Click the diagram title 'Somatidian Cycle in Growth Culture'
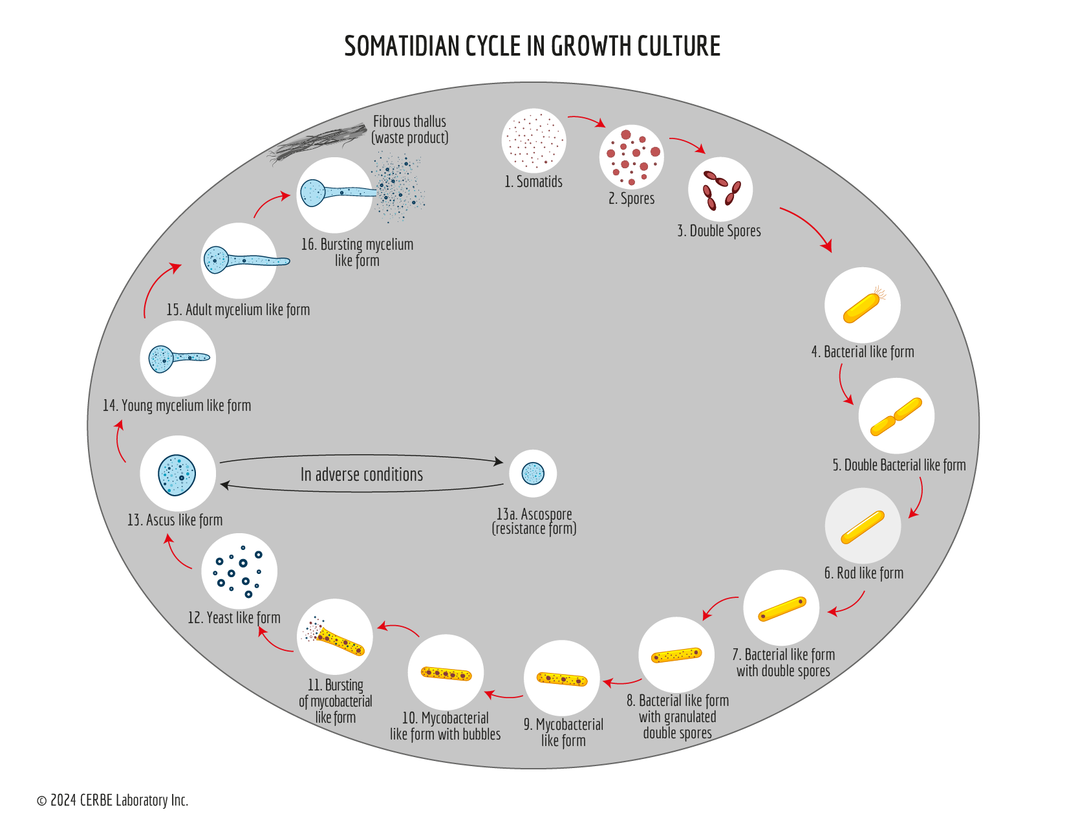coord(532,46)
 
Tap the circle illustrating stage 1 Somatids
coord(533,140)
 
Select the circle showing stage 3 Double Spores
coord(720,189)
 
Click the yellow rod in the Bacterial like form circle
coord(861,308)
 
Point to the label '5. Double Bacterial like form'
coord(899,465)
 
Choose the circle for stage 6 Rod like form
coord(863,525)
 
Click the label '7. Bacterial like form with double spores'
coord(783,663)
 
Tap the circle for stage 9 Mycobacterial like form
coord(562,678)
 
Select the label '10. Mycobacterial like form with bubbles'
coord(445,726)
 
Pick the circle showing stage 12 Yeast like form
coord(239,571)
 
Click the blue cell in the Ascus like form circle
coord(177,474)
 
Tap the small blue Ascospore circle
coord(533,473)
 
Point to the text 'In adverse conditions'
coord(361,474)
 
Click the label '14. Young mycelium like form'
coord(177,406)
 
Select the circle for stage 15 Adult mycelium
coord(239,261)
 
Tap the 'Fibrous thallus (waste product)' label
coord(409,129)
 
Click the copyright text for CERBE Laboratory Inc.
coord(113,800)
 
